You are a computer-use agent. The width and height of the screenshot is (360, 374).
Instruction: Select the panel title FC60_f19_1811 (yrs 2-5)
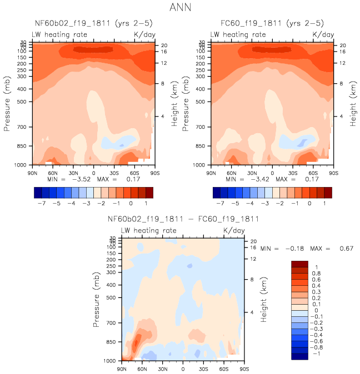pos(272,24)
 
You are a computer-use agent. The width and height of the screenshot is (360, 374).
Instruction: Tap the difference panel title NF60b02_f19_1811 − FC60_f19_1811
pos(183,219)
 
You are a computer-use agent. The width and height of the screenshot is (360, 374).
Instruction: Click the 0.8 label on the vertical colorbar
pos(315,274)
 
